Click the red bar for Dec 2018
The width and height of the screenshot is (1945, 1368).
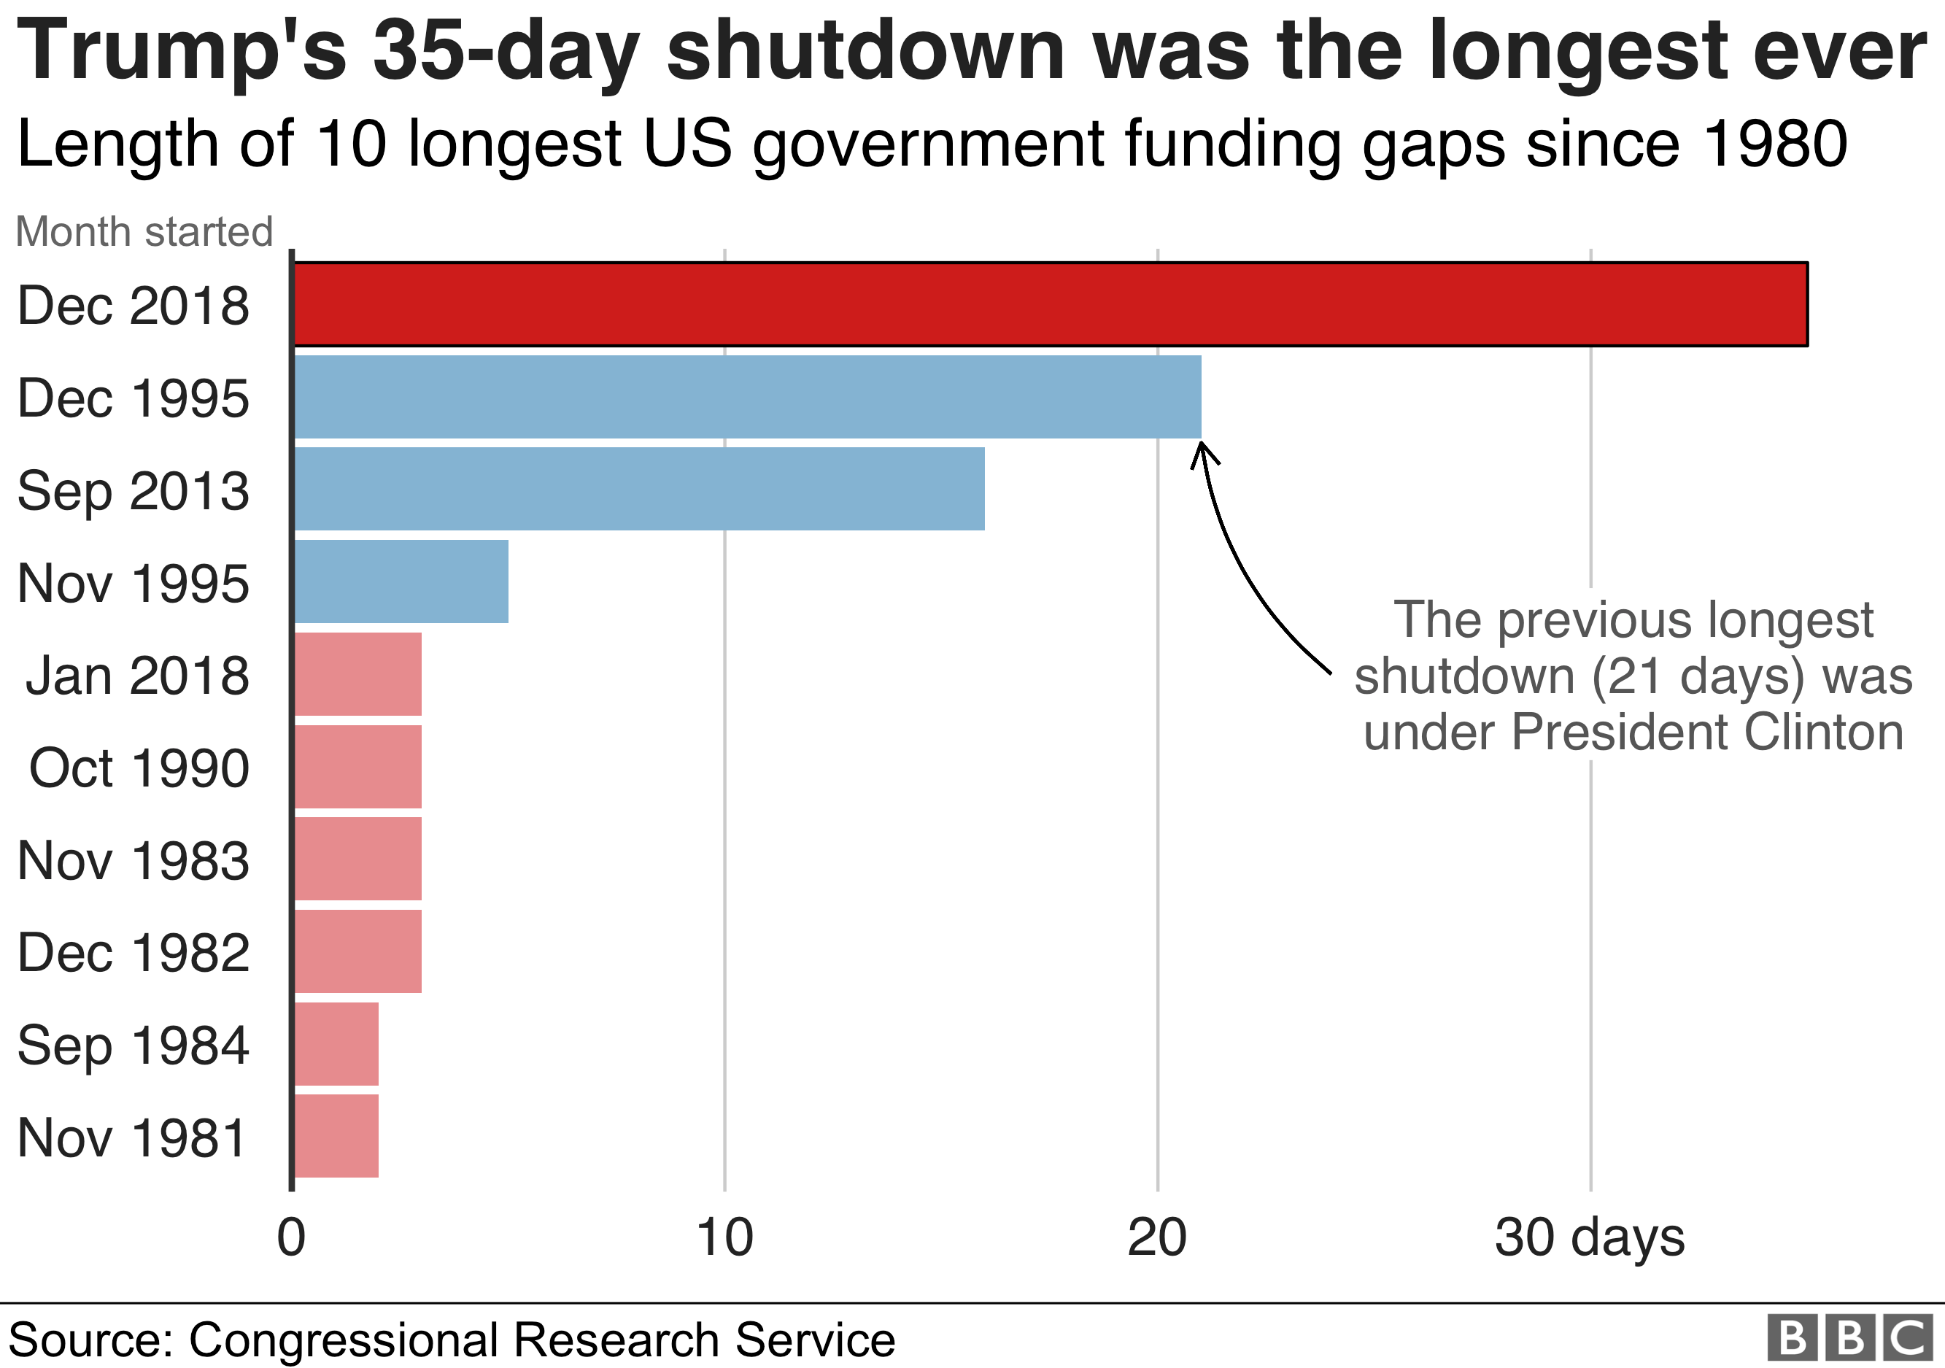tap(1051, 304)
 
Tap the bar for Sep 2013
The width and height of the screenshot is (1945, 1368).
tap(640, 489)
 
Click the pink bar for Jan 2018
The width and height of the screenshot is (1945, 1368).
tap(357, 674)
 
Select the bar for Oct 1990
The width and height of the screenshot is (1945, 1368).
tap(357, 767)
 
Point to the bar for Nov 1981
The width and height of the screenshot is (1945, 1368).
tap(336, 1136)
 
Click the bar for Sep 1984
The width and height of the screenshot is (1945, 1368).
tap(336, 1043)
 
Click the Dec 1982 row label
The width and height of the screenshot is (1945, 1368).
tap(134, 952)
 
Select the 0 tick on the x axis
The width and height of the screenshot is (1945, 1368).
tap(291, 1237)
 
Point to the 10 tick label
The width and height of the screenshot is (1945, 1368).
tap(724, 1237)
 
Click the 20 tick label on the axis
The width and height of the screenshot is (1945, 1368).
tap(1157, 1237)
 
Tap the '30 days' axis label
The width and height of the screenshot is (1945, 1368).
tap(1590, 1237)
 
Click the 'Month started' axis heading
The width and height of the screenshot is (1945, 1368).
tap(144, 231)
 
